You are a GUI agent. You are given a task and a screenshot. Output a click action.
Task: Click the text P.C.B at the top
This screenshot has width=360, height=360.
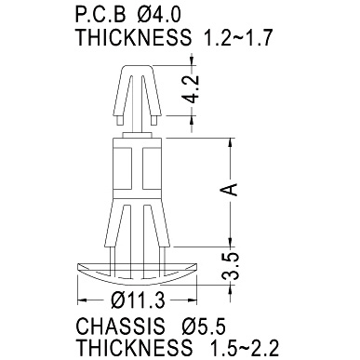tap(100, 15)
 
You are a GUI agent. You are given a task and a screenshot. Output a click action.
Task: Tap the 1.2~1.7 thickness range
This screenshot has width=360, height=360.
tap(237, 37)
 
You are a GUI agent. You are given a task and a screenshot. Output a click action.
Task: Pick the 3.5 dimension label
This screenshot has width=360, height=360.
tap(232, 266)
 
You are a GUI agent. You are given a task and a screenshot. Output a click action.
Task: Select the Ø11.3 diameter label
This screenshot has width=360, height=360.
tap(138, 300)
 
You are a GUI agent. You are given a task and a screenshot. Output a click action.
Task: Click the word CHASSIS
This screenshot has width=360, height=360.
tap(120, 327)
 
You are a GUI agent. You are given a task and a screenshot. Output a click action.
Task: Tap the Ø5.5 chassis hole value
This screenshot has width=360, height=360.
tap(204, 327)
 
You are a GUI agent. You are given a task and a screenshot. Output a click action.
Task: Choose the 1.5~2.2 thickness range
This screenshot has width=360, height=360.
tap(245, 348)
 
